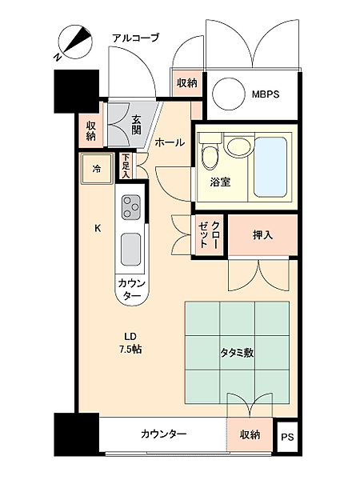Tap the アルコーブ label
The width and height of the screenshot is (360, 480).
pyautogui.click(x=135, y=37)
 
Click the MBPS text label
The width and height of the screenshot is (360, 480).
pyautogui.click(x=265, y=93)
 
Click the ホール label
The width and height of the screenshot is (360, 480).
pyautogui.click(x=170, y=142)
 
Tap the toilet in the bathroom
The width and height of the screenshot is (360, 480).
pyautogui.click(x=210, y=152)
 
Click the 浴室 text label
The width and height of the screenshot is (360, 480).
pyautogui.click(x=220, y=182)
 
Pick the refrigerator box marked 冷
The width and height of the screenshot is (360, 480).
pyautogui.click(x=97, y=169)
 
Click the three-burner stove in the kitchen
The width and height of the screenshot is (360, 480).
pyautogui.click(x=130, y=208)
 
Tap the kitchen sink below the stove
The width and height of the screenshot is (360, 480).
pyautogui.click(x=130, y=250)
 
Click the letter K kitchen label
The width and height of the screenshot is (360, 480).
pyautogui.click(x=98, y=228)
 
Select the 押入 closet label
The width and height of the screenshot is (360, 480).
pyautogui.click(x=262, y=235)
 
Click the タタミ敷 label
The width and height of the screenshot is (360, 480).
pyautogui.click(x=237, y=351)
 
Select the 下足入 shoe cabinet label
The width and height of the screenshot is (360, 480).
pyautogui.click(x=126, y=166)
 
